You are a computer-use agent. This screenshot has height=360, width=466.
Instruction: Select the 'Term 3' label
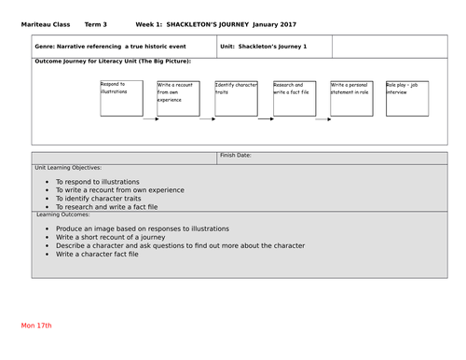click(x=96, y=22)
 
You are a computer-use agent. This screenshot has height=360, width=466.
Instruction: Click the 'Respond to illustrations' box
click(x=120, y=97)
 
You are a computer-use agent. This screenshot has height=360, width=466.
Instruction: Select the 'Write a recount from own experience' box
click(x=177, y=97)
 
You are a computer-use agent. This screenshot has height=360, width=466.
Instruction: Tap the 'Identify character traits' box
click(x=236, y=97)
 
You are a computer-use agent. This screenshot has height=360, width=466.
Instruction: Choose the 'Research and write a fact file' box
click(x=294, y=97)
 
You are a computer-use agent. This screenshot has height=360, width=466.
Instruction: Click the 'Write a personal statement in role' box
click(x=350, y=97)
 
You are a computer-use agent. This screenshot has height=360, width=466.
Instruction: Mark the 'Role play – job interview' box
click(x=407, y=97)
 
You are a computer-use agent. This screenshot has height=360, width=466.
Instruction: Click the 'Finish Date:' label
click(x=236, y=156)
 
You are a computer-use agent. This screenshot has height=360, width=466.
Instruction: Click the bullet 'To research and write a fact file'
click(x=107, y=207)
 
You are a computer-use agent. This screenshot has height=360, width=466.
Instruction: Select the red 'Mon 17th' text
click(x=37, y=325)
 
